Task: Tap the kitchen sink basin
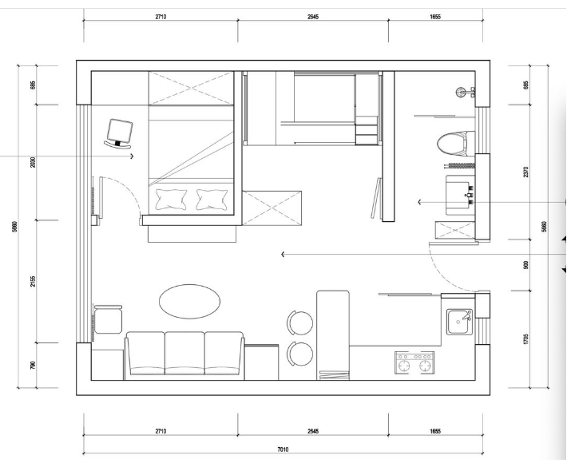(x=459, y=322)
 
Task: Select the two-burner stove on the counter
(x=414, y=362)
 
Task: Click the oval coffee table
(x=189, y=302)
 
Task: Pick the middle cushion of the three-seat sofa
(x=184, y=353)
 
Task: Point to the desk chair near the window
(x=119, y=134)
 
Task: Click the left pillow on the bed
(x=171, y=199)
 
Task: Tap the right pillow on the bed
(x=212, y=199)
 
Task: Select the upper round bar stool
(x=300, y=323)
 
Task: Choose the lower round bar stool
(x=300, y=354)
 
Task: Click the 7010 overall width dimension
(x=283, y=449)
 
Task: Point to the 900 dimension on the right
(x=525, y=265)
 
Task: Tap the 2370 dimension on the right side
(x=525, y=172)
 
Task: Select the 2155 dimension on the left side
(x=33, y=281)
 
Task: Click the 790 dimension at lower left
(x=33, y=365)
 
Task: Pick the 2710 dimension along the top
(x=161, y=17)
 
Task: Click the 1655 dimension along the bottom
(x=435, y=431)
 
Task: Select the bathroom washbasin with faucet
(x=460, y=195)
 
